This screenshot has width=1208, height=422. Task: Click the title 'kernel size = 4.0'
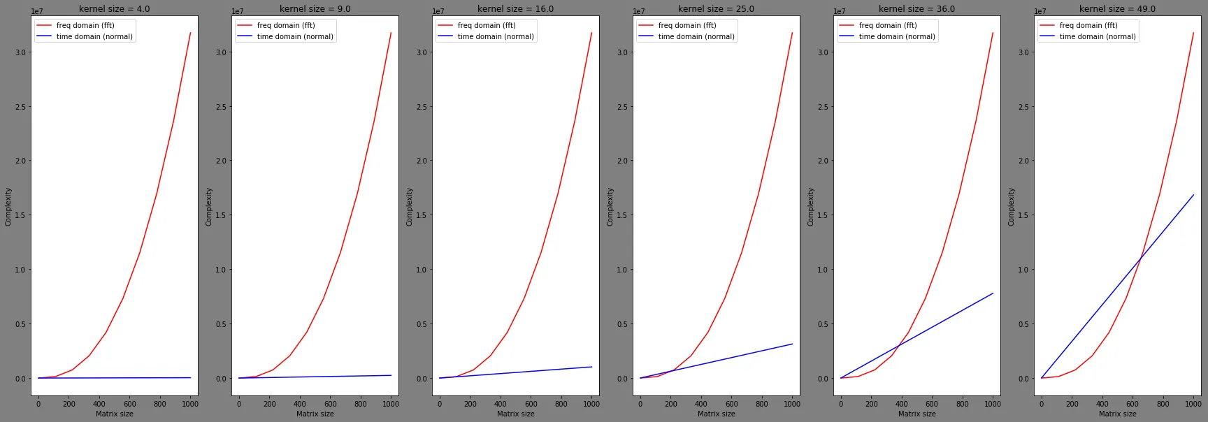(x=114, y=9)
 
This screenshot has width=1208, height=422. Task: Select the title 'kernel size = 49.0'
(x=1117, y=9)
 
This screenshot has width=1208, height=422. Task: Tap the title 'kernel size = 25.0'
(x=716, y=9)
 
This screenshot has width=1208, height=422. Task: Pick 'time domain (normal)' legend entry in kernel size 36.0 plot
(x=896, y=36)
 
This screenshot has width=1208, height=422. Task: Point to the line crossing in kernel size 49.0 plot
(x=1140, y=259)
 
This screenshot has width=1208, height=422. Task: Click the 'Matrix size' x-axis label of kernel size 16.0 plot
(x=515, y=414)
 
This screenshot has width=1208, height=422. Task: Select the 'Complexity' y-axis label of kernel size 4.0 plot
(x=8, y=206)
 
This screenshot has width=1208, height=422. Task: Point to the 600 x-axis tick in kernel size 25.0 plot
(x=731, y=404)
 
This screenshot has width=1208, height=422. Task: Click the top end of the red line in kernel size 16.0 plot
(x=591, y=33)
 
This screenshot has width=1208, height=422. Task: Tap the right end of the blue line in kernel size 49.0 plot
(x=1193, y=195)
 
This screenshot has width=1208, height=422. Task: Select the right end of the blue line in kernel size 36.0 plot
(x=993, y=293)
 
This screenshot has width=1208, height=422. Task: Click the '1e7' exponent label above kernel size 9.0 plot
(x=238, y=12)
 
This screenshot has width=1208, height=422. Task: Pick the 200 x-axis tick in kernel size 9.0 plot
(x=269, y=404)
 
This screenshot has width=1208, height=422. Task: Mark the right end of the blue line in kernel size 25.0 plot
(x=792, y=344)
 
